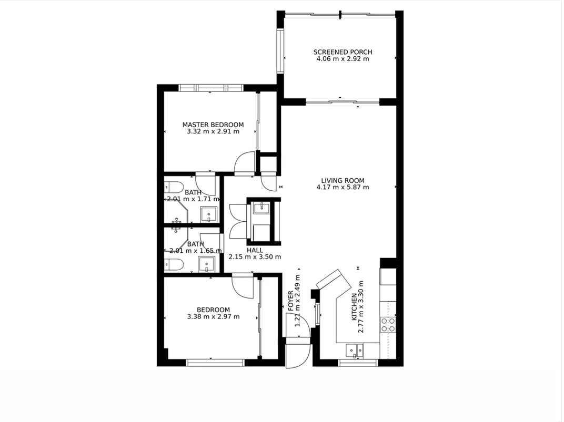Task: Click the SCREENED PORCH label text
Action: tap(343, 52)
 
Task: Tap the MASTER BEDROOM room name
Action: tap(213, 125)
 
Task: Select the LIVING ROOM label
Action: tap(343, 180)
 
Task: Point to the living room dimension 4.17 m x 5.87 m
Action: tap(343, 187)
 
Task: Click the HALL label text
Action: tap(255, 250)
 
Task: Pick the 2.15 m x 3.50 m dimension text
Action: tap(255, 257)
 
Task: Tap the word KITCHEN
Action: tap(354, 307)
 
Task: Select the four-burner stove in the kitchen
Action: tap(388, 324)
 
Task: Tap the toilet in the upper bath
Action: tap(173, 187)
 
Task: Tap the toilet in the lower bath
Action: tap(173, 264)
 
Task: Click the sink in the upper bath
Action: tap(209, 214)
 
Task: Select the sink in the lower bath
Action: tap(207, 264)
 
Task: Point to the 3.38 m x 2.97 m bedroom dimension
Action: tap(213, 316)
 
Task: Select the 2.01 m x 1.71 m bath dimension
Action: tap(193, 199)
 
